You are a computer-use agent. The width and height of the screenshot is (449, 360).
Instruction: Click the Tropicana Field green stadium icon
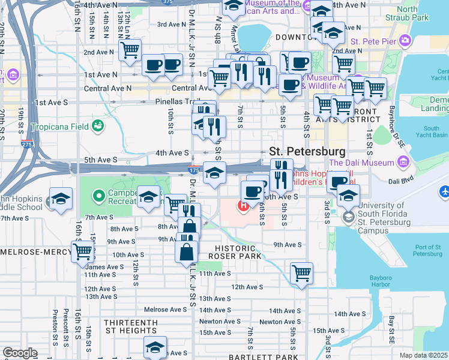[x=97, y=126]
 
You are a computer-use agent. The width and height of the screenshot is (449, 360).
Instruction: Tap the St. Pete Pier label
[x=372, y=41]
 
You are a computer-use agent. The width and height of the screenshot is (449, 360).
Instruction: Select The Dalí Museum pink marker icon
[x=403, y=162]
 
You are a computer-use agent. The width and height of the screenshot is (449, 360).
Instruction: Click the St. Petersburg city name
[x=307, y=151]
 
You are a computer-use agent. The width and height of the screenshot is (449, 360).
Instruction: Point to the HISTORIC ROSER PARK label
[x=235, y=252]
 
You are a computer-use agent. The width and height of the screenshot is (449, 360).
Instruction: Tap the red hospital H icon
[x=244, y=208]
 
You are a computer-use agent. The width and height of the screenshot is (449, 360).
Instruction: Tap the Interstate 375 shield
[x=168, y=2]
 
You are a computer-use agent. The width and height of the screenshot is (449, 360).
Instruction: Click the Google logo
[x=19, y=353]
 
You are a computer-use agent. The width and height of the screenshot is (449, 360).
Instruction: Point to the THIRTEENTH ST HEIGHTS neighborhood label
[x=131, y=326]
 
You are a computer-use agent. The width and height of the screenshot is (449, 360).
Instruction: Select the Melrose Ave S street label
[x=166, y=310]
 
